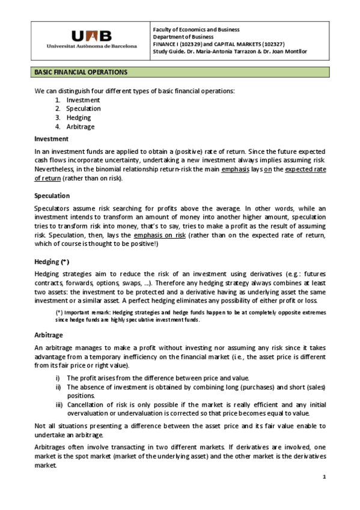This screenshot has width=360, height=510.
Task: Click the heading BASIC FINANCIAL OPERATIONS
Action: pyautogui.click(x=81, y=72)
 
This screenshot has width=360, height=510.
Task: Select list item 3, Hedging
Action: pyautogui.click(x=79, y=118)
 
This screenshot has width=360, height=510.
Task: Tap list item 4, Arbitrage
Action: pyautogui.click(x=81, y=127)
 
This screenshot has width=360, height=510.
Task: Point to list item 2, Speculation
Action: pyautogui.click(x=84, y=109)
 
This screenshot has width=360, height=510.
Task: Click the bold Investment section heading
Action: pyautogui.click(x=51, y=139)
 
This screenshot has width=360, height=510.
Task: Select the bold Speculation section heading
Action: pyautogui.click(x=52, y=196)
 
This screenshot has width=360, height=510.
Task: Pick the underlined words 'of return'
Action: pyautogui.click(x=47, y=179)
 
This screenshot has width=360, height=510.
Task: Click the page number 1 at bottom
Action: pyautogui.click(x=324, y=477)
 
